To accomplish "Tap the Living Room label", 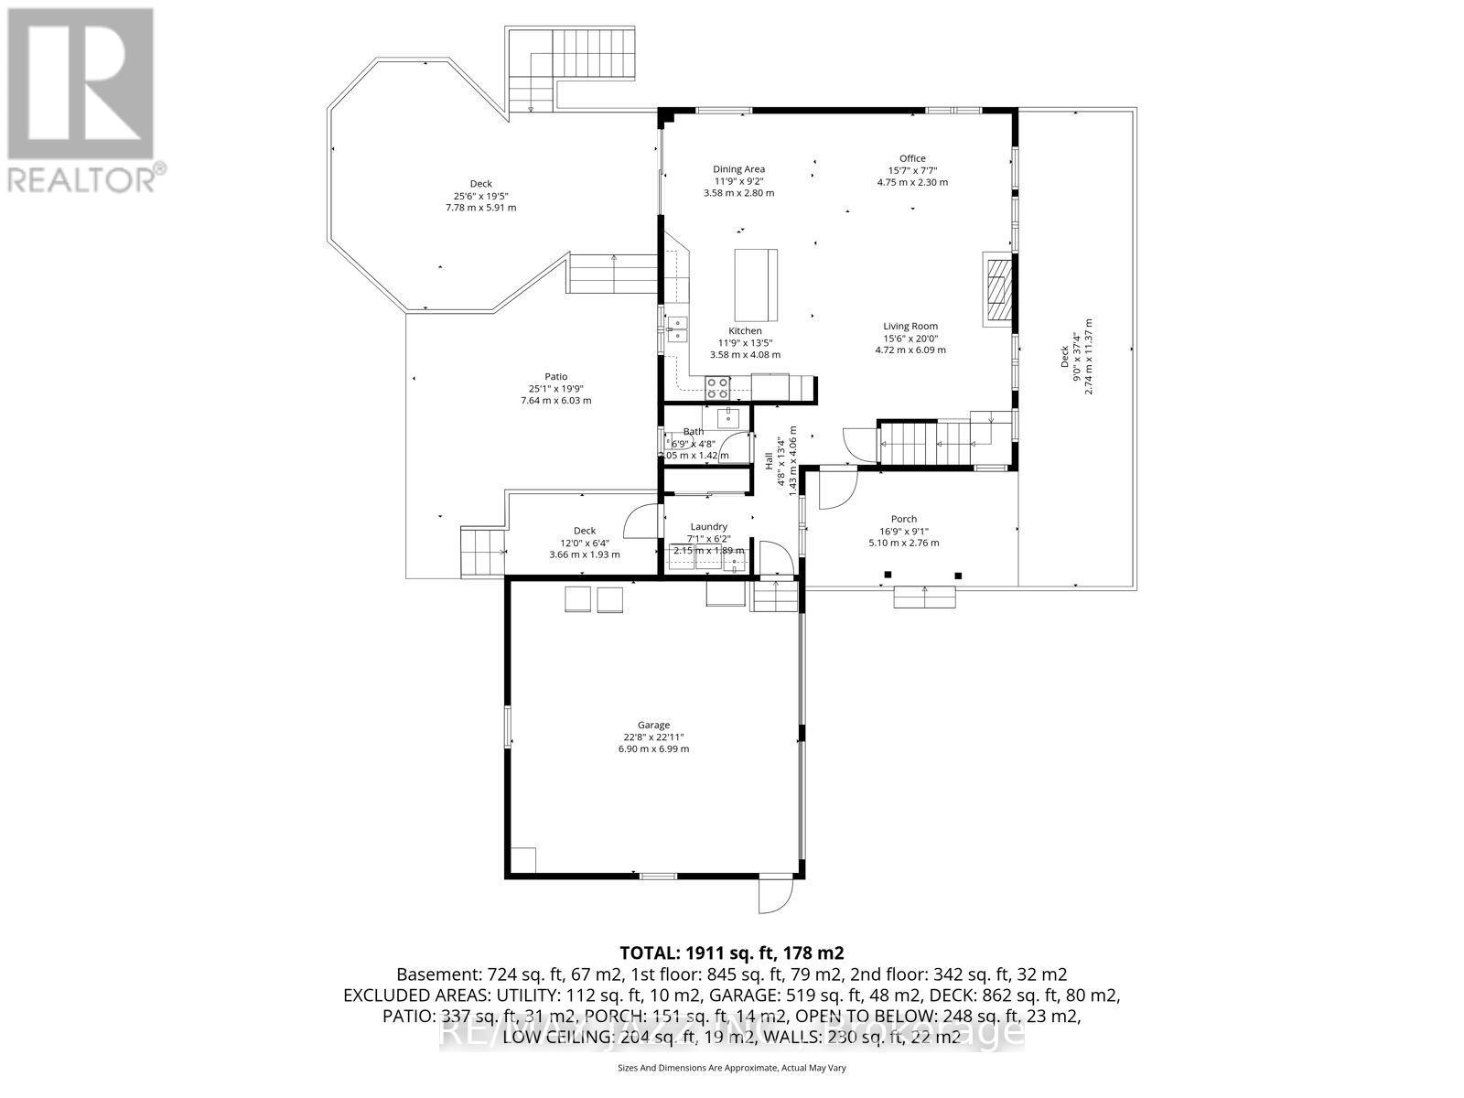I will click(x=910, y=326).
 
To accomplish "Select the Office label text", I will click(x=911, y=158).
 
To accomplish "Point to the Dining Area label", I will click(x=738, y=168).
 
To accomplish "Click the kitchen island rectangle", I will click(x=756, y=280).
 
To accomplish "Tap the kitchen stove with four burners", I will click(x=717, y=387).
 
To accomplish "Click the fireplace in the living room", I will click(x=998, y=288).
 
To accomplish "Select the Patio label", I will click(x=555, y=376).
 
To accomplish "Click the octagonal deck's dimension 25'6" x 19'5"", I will click(x=480, y=196).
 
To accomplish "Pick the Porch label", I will click(x=903, y=519).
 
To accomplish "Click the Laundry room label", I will click(x=708, y=526).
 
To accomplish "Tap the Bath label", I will click(x=693, y=432).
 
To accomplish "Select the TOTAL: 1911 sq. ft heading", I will click(x=731, y=953).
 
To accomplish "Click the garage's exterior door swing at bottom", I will click(x=774, y=895).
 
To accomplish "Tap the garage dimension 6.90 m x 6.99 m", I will click(x=653, y=748).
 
